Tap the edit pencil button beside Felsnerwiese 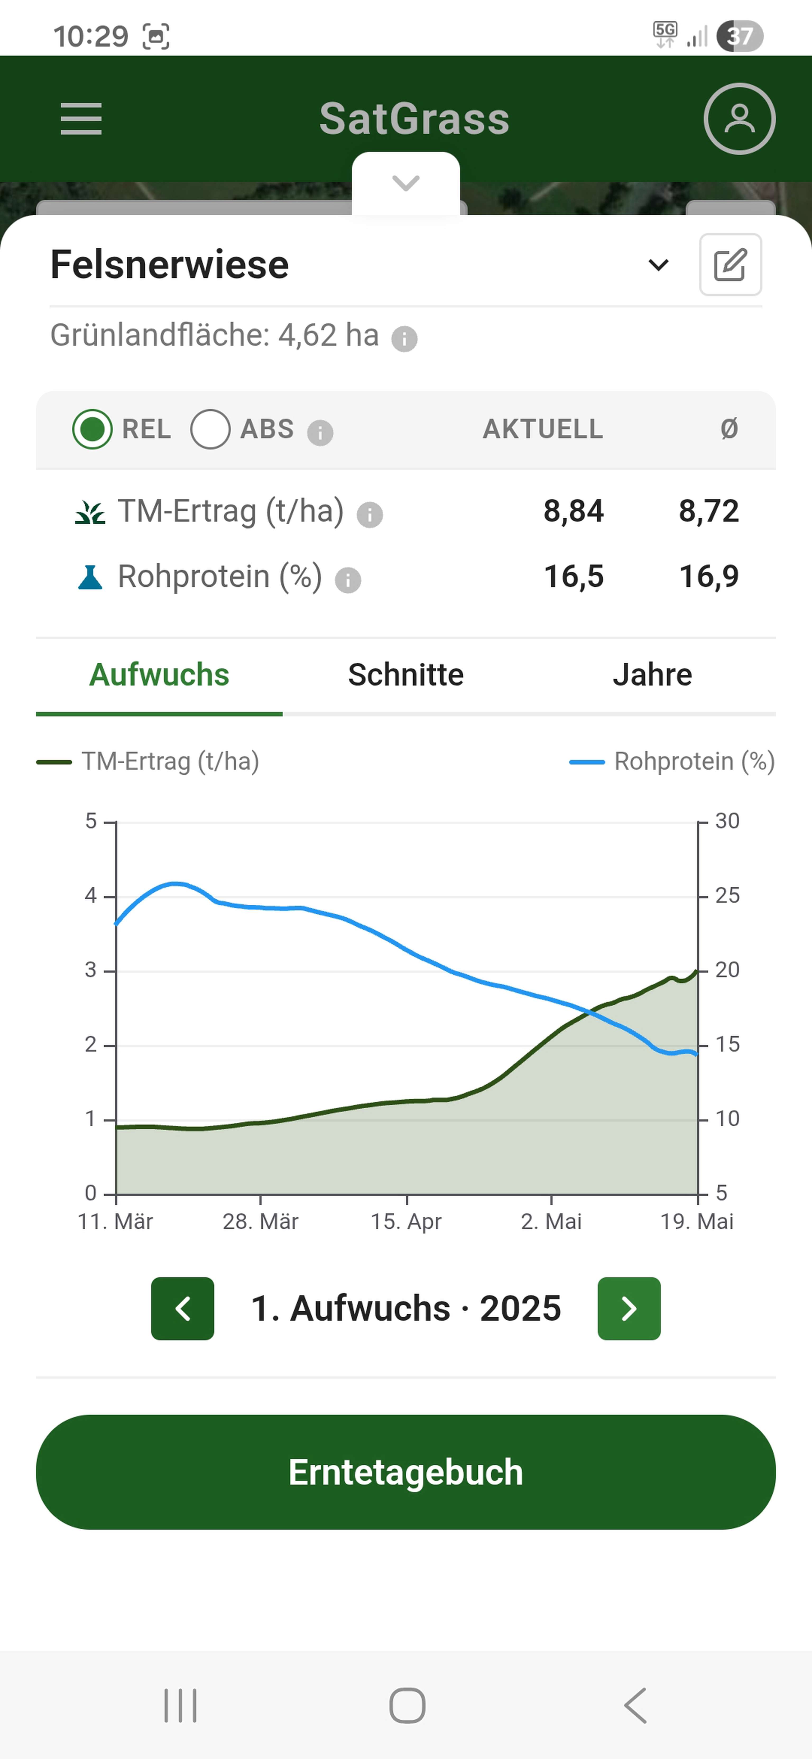pyautogui.click(x=730, y=265)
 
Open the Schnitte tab pyautogui.click(x=406, y=675)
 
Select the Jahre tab pyautogui.click(x=652, y=675)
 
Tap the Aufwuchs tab pyautogui.click(x=159, y=675)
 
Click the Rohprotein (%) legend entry pyautogui.click(x=673, y=761)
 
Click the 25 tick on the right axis pyautogui.click(x=727, y=895)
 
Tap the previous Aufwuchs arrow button pyautogui.click(x=182, y=1308)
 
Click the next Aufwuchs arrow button pyautogui.click(x=629, y=1308)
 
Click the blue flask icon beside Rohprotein pyautogui.click(x=90, y=578)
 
